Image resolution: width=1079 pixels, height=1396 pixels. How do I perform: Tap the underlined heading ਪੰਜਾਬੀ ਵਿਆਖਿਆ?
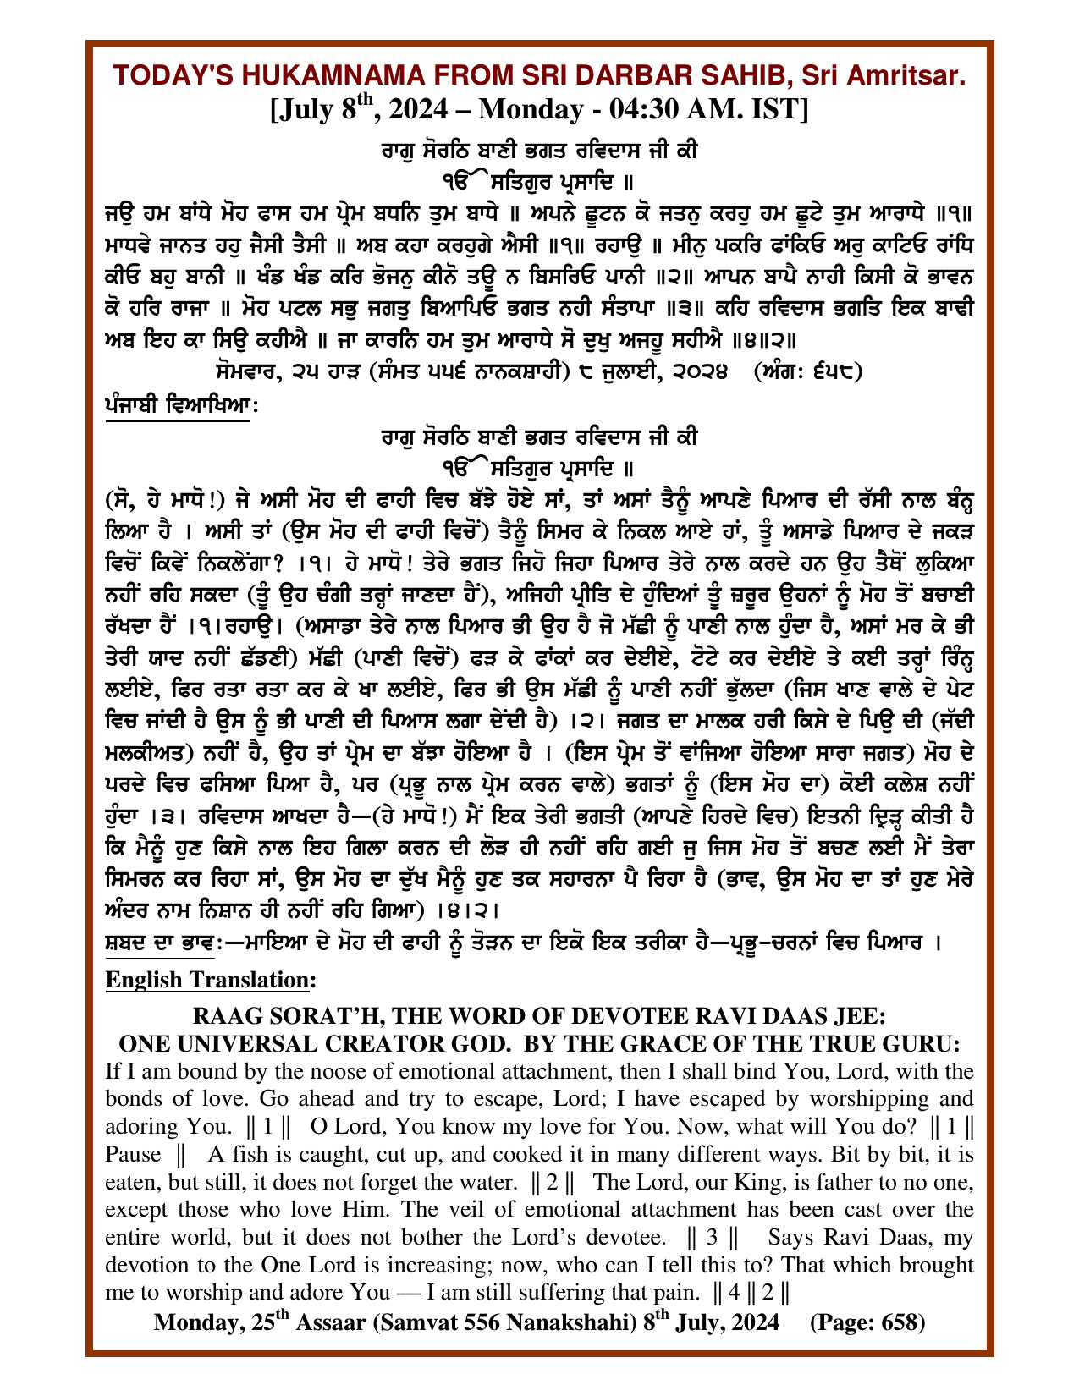(x=178, y=406)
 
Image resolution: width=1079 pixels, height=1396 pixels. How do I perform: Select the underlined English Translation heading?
(x=206, y=980)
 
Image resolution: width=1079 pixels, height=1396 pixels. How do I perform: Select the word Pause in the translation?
(x=133, y=1155)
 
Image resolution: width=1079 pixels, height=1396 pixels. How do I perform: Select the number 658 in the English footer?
(x=897, y=1322)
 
